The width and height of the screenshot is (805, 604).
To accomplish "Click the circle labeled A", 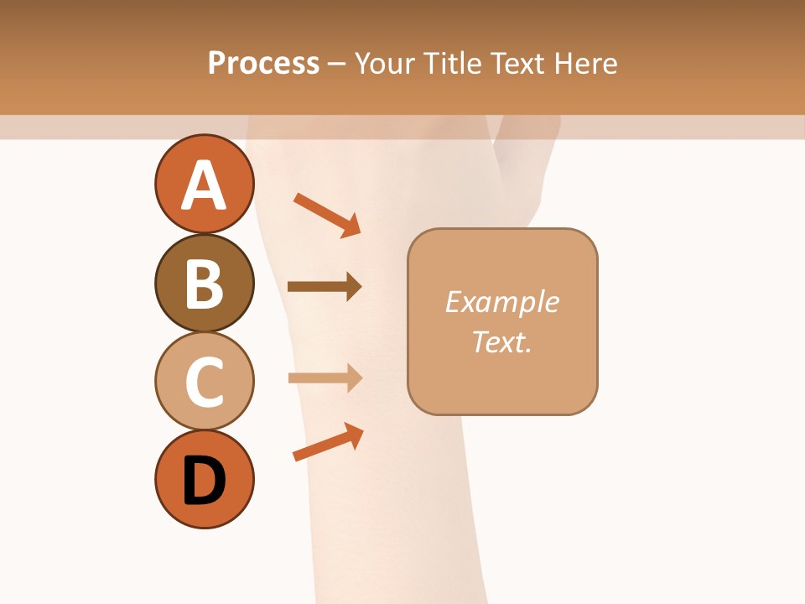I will [x=205, y=184].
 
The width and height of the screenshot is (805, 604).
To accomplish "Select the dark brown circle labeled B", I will [x=205, y=284].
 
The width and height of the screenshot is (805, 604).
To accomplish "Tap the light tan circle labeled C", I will [x=205, y=381].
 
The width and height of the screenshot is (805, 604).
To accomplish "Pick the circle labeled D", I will [x=205, y=479].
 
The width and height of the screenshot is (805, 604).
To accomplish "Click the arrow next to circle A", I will [x=327, y=215].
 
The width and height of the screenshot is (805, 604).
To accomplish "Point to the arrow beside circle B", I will [x=325, y=287].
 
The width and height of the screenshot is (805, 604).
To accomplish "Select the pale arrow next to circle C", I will [x=325, y=377].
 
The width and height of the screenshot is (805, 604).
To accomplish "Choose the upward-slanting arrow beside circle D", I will [x=328, y=442].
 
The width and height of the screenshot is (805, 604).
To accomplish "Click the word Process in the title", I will [x=263, y=64].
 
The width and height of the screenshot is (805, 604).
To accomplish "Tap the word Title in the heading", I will [x=453, y=64].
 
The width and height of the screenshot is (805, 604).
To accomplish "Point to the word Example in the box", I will [x=501, y=302].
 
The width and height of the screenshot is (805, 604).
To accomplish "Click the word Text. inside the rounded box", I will [x=501, y=342].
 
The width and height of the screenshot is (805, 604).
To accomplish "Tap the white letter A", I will [x=205, y=185].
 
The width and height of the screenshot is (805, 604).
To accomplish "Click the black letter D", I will [x=205, y=481].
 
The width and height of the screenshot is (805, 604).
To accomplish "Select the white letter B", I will [x=205, y=284].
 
